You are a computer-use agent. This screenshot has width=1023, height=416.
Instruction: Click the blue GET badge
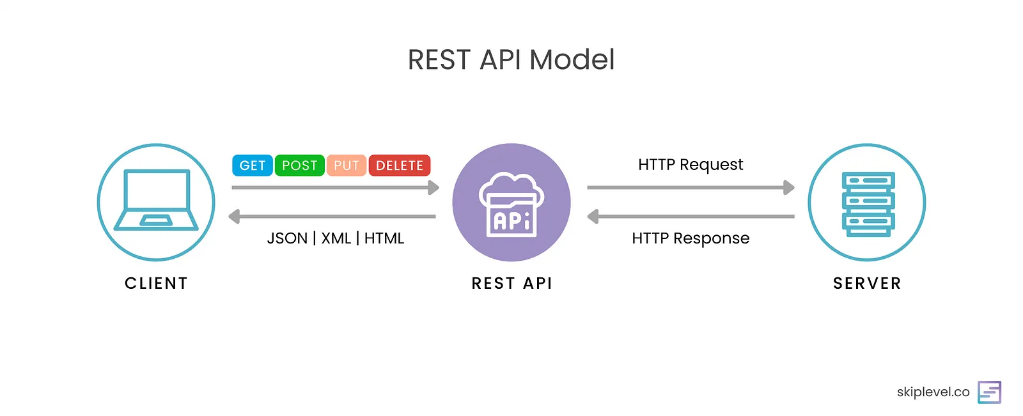point(252,166)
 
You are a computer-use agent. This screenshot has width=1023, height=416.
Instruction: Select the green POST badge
point(299,166)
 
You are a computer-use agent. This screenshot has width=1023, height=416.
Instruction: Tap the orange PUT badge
point(346,166)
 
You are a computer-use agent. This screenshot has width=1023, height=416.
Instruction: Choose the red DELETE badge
point(399,166)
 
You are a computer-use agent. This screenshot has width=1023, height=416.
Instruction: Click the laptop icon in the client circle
point(156,200)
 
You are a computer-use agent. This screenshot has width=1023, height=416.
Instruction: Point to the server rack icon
point(868,203)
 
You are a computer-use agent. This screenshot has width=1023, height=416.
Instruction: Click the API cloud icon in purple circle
point(511,204)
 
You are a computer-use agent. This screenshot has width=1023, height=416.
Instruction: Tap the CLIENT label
point(156,283)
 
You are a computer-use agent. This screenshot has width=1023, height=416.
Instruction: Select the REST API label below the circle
point(511,283)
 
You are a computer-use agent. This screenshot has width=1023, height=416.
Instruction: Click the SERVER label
point(867,283)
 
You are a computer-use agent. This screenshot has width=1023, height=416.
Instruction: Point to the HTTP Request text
point(691,165)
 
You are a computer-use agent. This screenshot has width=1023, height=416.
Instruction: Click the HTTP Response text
point(691,238)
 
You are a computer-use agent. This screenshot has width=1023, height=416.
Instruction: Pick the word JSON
point(287,238)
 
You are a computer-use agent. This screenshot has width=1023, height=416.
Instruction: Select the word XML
point(336,238)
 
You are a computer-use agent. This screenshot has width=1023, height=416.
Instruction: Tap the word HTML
point(384,238)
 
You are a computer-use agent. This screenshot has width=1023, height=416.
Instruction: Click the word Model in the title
point(572,60)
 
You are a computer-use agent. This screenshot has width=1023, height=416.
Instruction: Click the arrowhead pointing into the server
point(789,187)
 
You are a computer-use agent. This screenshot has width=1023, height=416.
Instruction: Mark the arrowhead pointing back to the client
point(235,217)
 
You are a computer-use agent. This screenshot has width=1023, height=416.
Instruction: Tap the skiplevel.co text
point(933,392)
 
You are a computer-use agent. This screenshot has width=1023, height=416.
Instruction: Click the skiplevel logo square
point(989,392)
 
